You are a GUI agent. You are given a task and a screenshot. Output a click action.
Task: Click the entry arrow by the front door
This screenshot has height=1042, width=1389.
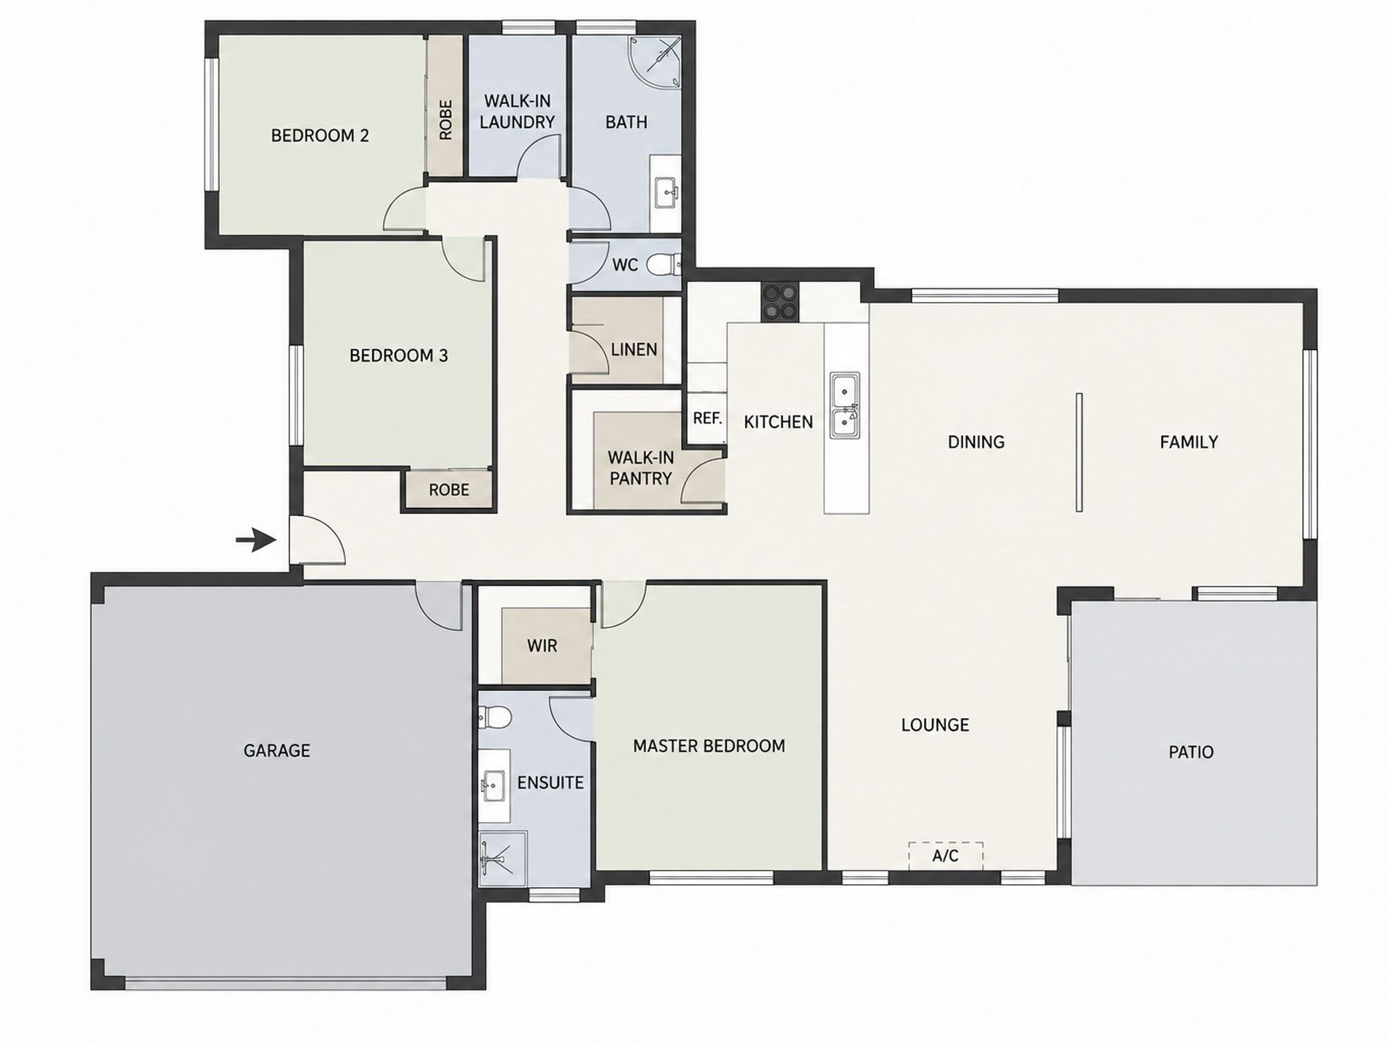(x=255, y=541)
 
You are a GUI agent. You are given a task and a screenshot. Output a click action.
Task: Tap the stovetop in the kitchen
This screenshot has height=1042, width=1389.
(x=780, y=302)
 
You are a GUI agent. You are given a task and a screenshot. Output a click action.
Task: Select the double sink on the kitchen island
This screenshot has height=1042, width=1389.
(x=844, y=406)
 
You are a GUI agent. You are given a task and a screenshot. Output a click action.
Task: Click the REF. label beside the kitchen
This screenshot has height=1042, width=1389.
(x=707, y=418)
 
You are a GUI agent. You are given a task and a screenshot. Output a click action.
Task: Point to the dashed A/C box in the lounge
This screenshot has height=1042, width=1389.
(x=945, y=856)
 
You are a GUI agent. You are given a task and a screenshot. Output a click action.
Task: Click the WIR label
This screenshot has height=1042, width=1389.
(x=542, y=646)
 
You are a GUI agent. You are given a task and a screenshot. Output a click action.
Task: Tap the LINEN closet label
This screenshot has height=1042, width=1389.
(x=634, y=350)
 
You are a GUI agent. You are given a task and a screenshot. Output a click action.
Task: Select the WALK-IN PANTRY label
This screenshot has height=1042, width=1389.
(x=640, y=468)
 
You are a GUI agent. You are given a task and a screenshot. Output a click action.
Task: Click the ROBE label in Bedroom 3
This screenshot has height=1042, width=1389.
(x=449, y=489)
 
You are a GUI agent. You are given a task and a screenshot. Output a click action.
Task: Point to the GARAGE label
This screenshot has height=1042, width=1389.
(x=276, y=750)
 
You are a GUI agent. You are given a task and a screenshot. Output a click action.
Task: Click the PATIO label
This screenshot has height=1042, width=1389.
(x=1191, y=752)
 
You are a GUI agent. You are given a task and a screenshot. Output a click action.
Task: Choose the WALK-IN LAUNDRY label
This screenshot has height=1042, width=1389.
(x=517, y=111)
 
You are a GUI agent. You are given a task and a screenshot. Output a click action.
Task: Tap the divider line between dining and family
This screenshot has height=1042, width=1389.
(x=1079, y=452)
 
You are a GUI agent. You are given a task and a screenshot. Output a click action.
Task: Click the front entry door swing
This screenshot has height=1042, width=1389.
(x=317, y=540)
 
